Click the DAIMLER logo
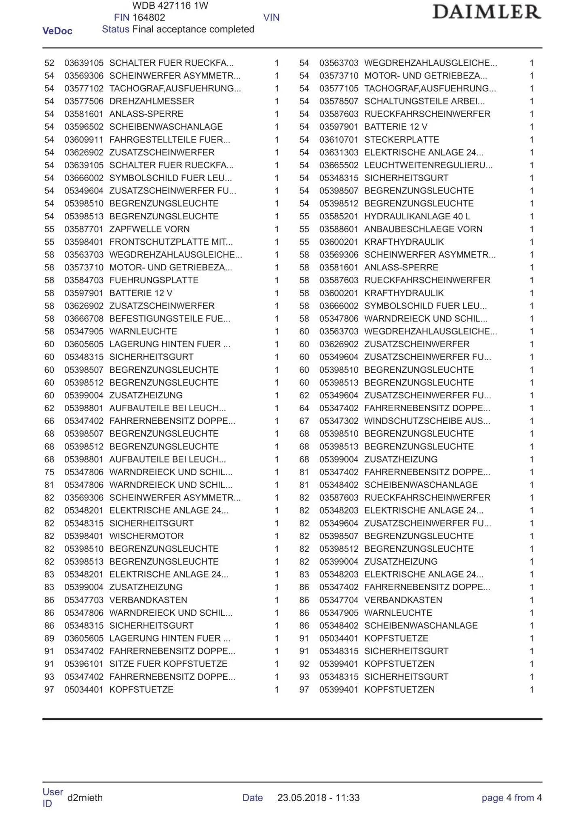(486, 12)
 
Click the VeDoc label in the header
(57, 31)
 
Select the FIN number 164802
(149, 17)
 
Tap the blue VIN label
(271, 17)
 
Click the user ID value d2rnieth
(85, 797)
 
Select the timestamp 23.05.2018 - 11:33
(319, 797)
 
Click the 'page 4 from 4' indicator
(511, 797)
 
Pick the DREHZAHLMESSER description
(152, 101)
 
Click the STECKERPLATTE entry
(401, 140)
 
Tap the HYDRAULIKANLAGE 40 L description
(417, 216)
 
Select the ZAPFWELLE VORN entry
(149, 229)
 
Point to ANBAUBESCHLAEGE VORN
(423, 229)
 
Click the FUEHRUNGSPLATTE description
(154, 280)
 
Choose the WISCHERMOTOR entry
(146, 536)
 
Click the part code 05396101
(84, 664)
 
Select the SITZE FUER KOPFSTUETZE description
(168, 664)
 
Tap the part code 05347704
(339, 600)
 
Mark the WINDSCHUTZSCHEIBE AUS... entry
(427, 421)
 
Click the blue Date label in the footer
(253, 797)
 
